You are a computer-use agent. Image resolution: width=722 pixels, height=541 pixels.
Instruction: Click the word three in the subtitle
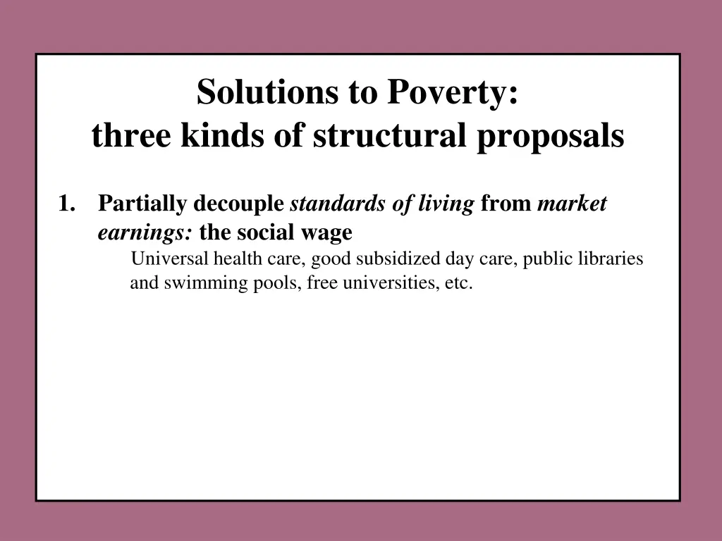(131, 137)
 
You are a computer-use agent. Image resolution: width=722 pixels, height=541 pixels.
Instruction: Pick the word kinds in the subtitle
(223, 137)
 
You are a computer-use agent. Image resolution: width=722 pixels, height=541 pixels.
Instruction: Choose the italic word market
(572, 204)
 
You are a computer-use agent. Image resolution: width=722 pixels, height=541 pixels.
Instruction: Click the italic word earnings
(145, 232)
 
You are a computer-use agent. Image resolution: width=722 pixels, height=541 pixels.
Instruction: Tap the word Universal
(169, 259)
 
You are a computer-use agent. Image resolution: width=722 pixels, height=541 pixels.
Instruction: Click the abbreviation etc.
(458, 284)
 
